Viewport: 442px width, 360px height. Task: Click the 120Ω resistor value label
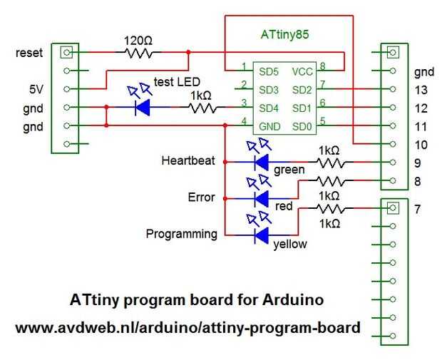[x=138, y=41]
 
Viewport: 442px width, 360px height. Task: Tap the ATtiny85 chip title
[x=285, y=34]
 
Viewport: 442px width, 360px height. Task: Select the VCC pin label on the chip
[x=302, y=72]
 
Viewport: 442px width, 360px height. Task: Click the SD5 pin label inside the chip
[x=269, y=72]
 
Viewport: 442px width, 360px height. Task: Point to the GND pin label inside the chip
[x=269, y=127]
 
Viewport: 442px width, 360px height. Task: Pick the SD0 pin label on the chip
[x=302, y=127]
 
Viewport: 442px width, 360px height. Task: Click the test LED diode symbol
[x=143, y=108]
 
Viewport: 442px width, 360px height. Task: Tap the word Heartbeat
[x=188, y=160]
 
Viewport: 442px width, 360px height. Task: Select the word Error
[x=201, y=197]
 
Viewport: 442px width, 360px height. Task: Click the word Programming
[x=182, y=235]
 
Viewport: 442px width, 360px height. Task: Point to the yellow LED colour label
[x=290, y=244]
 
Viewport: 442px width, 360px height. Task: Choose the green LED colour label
[x=289, y=170]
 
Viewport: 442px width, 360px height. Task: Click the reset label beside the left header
[x=29, y=53]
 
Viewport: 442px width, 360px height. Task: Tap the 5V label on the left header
[x=36, y=90]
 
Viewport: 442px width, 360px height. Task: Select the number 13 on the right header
[x=421, y=91]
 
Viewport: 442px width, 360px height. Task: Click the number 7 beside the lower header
[x=418, y=209]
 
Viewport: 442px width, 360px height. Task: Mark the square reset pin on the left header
[x=66, y=53]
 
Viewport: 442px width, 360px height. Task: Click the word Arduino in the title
[x=292, y=299]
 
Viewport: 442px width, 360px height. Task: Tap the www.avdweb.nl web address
[x=188, y=328]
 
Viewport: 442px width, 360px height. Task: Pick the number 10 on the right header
[x=421, y=145]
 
